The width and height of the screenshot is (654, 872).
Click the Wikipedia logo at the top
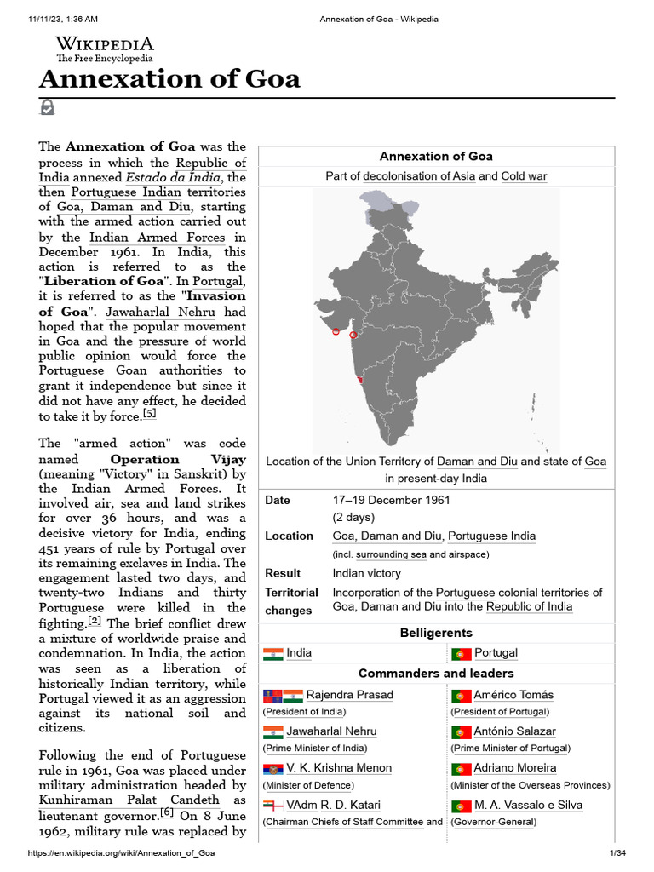tap(104, 49)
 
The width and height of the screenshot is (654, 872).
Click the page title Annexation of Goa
tap(169, 79)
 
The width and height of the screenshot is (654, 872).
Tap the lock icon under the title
tap(47, 107)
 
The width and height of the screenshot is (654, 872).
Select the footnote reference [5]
tap(150, 414)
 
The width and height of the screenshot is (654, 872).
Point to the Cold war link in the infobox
tap(524, 176)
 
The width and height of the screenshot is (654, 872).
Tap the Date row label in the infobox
tap(278, 500)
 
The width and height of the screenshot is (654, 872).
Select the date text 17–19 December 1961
tap(391, 500)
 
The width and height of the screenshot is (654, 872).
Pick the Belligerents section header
tap(436, 633)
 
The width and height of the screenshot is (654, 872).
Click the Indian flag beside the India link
tap(272, 654)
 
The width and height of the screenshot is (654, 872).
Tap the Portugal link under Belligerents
tap(496, 653)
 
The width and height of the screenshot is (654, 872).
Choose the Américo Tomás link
tap(513, 695)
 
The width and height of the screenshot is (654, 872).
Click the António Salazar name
tap(514, 731)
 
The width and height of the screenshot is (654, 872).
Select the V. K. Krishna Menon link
tap(339, 768)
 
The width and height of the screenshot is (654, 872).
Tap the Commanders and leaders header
tap(436, 674)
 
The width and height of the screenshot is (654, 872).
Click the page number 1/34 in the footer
tap(617, 853)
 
